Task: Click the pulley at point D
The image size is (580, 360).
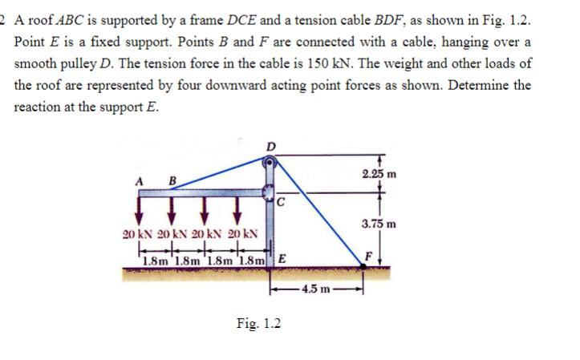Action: point(270,163)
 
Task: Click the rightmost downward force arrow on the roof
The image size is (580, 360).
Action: point(237,212)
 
